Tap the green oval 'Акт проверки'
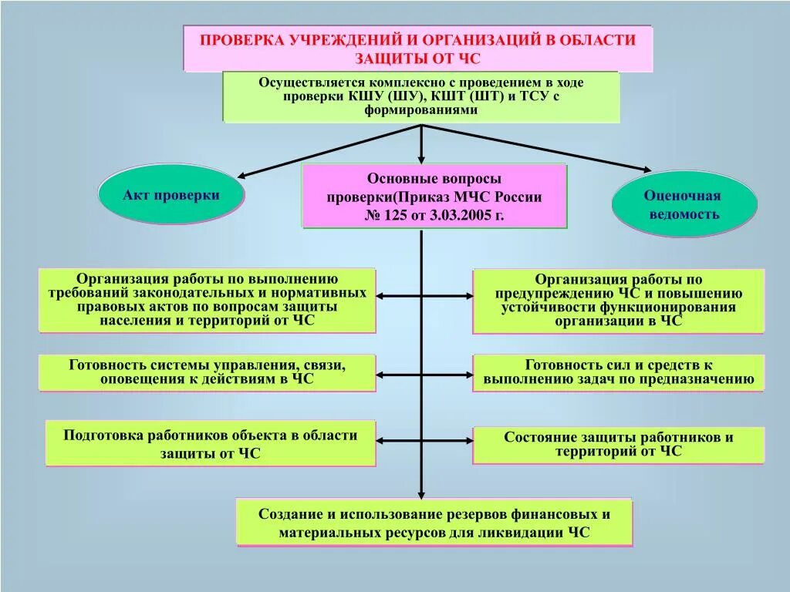[x=170, y=195]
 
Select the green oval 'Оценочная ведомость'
[x=683, y=204]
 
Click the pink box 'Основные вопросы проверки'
[x=434, y=197]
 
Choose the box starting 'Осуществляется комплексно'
[x=420, y=97]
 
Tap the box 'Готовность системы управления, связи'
[x=207, y=372]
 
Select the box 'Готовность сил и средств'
[x=618, y=372]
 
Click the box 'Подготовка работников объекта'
[x=210, y=444]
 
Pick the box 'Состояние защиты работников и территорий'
[x=618, y=445]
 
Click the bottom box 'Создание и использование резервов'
[x=434, y=523]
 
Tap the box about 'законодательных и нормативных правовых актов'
[x=207, y=300]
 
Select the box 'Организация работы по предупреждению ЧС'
[x=618, y=301]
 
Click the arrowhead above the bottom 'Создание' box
[x=421, y=495]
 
